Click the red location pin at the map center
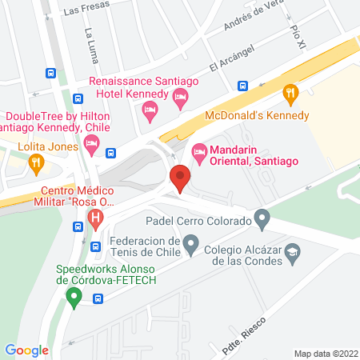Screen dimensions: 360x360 coord(180,178)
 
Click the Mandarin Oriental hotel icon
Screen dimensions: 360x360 coord(199,150)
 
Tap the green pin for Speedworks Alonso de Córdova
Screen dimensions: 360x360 coord(74,299)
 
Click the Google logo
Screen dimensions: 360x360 coord(26,350)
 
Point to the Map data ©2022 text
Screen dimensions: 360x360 coord(325,353)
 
